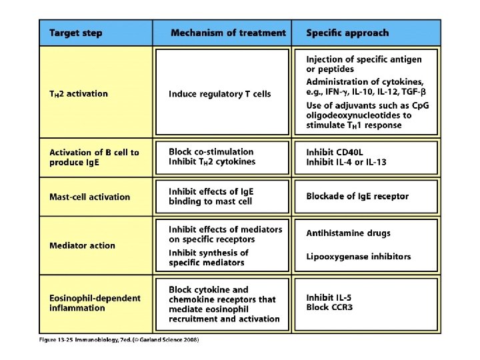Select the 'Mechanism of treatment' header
click(x=228, y=33)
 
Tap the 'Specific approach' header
click(x=347, y=33)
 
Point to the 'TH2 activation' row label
click(x=79, y=94)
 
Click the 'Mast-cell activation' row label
click(x=90, y=197)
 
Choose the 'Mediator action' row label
click(x=82, y=245)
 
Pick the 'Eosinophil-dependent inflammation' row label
click(x=95, y=303)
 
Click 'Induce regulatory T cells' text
click(x=220, y=94)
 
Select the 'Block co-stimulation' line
click(x=211, y=151)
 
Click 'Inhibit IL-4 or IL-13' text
click(x=346, y=162)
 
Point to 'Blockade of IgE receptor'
click(x=357, y=196)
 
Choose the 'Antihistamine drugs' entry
click(x=349, y=233)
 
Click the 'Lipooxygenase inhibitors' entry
click(x=359, y=257)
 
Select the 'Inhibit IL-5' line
click(x=331, y=297)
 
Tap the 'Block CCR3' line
click(x=330, y=307)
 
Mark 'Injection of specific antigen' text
click(x=364, y=59)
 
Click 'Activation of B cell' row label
click(x=94, y=152)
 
